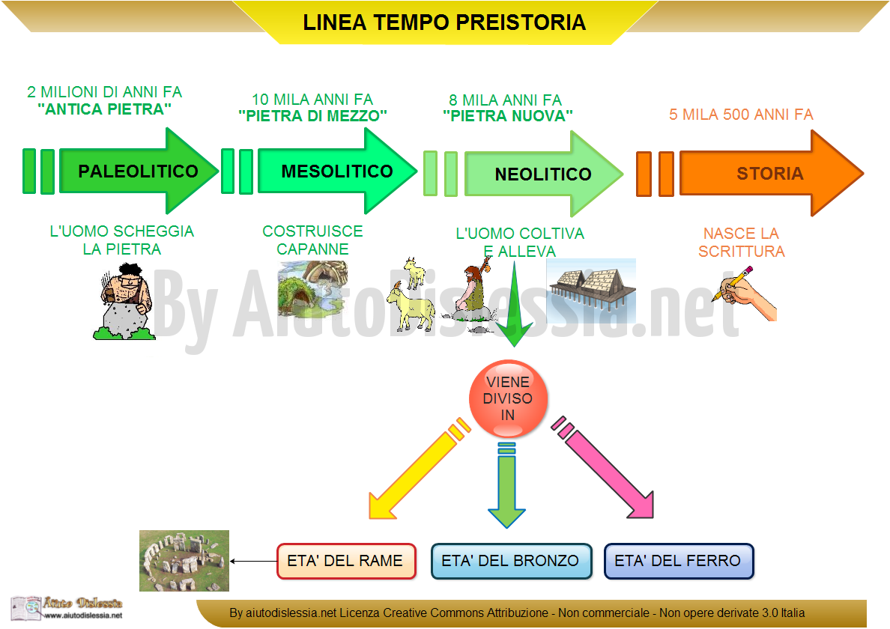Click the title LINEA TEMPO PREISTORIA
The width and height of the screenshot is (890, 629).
click(x=444, y=22)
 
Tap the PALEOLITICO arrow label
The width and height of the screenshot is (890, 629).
click(x=138, y=171)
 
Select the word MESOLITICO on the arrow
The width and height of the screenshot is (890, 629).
click(x=337, y=171)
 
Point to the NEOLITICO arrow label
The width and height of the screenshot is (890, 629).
click(x=543, y=174)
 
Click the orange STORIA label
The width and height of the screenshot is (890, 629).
click(x=769, y=174)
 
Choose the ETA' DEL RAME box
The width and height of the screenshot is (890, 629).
click(x=346, y=561)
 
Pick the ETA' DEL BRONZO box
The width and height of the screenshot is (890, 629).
click(x=511, y=561)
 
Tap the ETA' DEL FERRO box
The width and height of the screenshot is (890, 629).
click(x=678, y=561)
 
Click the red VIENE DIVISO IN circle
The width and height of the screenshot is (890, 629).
click(x=508, y=398)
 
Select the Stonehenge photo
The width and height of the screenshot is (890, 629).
click(x=184, y=560)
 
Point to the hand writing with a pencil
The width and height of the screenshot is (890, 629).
click(x=745, y=294)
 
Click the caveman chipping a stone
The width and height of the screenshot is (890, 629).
click(x=124, y=303)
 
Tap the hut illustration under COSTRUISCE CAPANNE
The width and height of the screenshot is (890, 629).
click(x=312, y=288)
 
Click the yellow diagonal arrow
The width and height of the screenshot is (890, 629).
click(x=419, y=469)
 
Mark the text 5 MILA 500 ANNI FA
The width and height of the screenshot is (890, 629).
click(x=741, y=115)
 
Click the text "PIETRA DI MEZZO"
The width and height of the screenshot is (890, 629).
click(x=312, y=116)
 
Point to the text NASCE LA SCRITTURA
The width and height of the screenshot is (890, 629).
click(x=741, y=242)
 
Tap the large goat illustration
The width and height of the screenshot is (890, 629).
click(x=411, y=306)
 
